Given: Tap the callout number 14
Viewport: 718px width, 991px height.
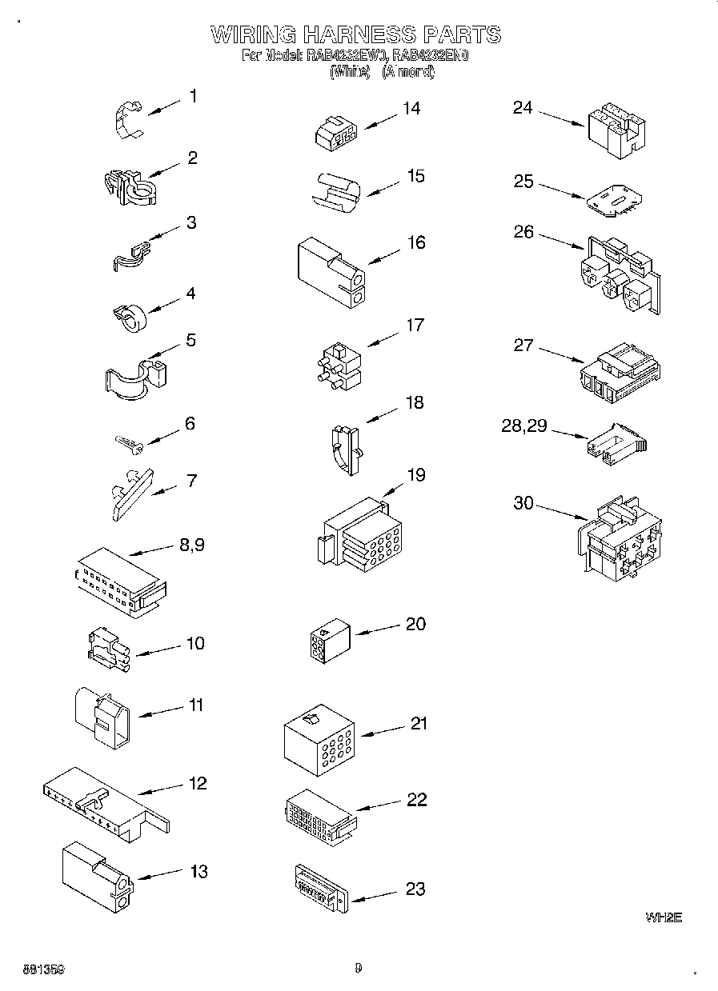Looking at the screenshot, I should click(x=411, y=108).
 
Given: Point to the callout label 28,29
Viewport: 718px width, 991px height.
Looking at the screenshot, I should click(x=524, y=426).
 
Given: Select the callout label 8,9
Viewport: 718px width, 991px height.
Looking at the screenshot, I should click(x=192, y=545).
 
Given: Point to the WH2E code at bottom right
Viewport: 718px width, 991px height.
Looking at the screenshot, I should click(x=663, y=917).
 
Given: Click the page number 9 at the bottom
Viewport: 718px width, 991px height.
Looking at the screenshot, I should click(x=359, y=968).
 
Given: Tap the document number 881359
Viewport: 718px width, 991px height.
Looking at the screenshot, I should click(x=34, y=969).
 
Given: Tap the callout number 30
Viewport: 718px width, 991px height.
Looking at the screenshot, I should click(x=523, y=502).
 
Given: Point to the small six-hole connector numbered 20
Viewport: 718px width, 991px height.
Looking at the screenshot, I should click(x=326, y=641).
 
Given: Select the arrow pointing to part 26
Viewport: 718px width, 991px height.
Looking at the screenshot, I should click(x=560, y=240).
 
